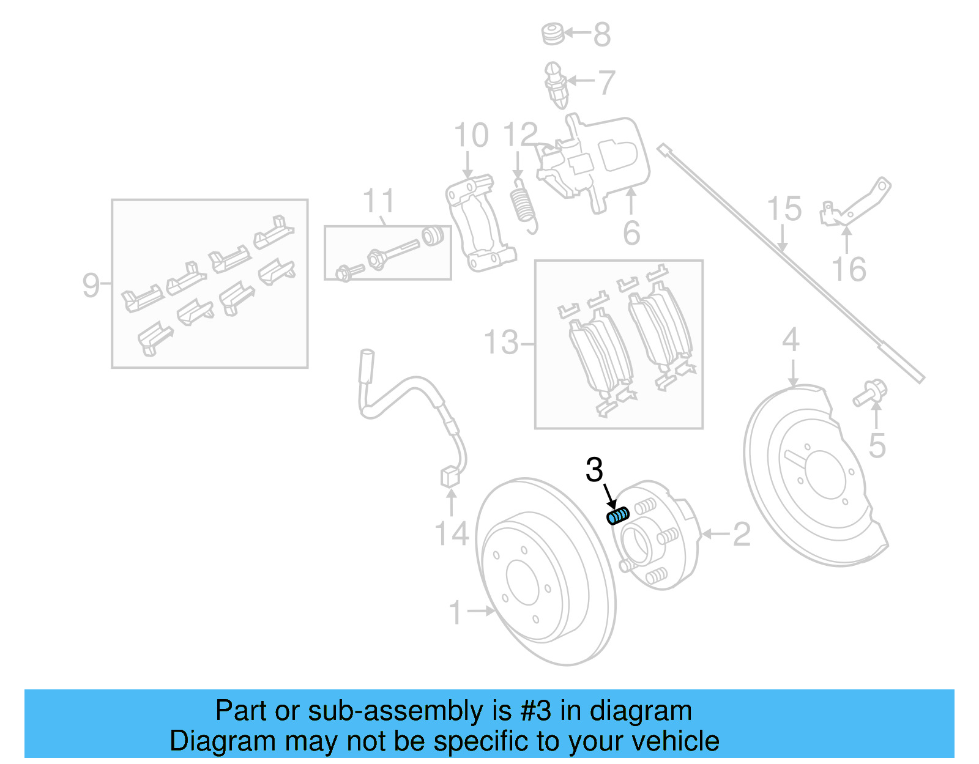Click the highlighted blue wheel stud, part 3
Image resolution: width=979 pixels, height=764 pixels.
tap(617, 516)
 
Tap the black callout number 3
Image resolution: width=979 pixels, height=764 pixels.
tap(594, 470)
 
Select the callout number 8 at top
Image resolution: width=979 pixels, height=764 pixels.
tap(602, 35)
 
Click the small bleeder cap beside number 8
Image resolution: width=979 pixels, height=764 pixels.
tap(553, 34)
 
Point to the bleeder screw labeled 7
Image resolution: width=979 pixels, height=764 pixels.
tap(555, 85)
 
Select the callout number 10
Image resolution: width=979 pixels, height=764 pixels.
tap(471, 135)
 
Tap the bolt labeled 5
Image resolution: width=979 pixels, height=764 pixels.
tap(870, 393)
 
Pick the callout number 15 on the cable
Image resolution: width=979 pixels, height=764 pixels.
tap(784, 209)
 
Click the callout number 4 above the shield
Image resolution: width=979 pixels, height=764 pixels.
tap(791, 339)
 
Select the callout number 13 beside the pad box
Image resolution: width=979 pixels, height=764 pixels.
tap(501, 343)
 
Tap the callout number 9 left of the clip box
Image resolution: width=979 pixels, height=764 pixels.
tap(91, 285)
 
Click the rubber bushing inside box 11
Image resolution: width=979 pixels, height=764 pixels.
tap(433, 236)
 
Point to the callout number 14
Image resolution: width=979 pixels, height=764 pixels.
tap(452, 534)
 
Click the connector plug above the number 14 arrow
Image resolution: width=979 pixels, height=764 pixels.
tap(450, 477)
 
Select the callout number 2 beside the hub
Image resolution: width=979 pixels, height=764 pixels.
tap(741, 535)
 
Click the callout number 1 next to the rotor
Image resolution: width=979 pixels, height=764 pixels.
tap(455, 612)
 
